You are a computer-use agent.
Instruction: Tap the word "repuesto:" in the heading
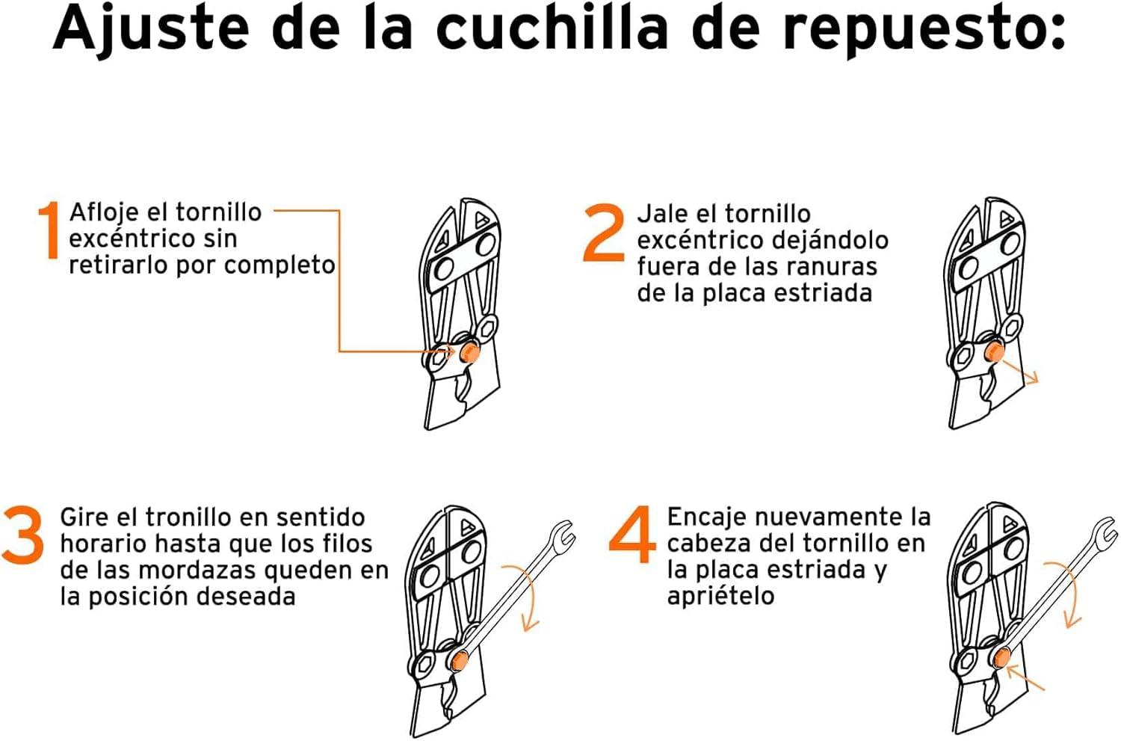pos(924,34)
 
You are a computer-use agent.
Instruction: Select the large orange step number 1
pos(49,231)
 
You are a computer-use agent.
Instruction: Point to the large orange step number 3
pos(23,535)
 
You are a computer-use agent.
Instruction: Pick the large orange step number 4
pos(632,534)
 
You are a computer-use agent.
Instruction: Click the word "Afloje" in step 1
pos(104,213)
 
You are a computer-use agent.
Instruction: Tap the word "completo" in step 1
pos(280,265)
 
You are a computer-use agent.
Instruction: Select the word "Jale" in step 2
pos(661,215)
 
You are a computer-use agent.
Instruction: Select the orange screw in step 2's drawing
pos(993,351)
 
